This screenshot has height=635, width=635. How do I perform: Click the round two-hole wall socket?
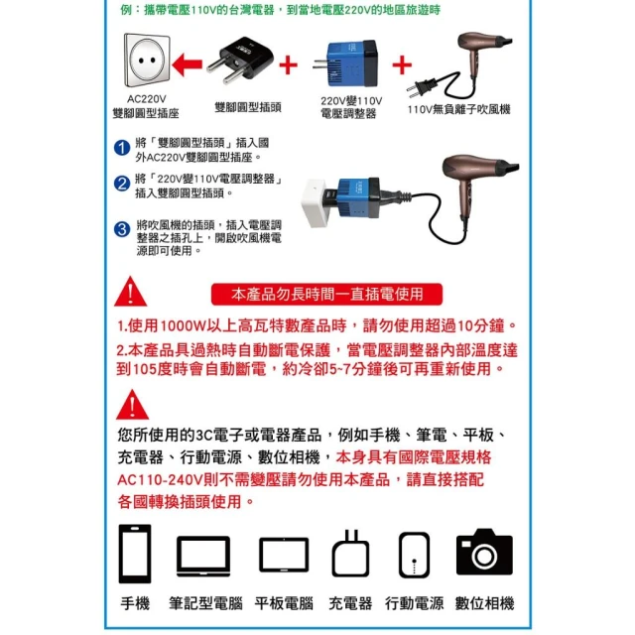point(147,61)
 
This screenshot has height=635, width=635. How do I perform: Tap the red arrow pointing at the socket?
point(188,64)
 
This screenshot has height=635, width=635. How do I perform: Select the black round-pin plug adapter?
point(240,60)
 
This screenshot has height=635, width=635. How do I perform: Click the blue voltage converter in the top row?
point(345,63)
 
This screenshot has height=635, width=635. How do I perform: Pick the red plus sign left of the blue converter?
point(289,65)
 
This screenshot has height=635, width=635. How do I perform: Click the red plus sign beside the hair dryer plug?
point(402,64)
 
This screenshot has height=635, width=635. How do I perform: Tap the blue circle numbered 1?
point(122,148)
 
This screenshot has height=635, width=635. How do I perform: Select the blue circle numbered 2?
point(122,184)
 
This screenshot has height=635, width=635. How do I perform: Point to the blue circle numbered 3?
point(122,229)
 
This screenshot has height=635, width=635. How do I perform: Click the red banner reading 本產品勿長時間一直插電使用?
point(326,294)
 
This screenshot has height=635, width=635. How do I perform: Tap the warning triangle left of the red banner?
point(130,291)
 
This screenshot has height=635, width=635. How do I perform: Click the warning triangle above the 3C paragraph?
point(132,405)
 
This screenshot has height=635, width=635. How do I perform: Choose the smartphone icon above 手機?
point(135,554)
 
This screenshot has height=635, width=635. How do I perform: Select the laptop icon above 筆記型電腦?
point(203,556)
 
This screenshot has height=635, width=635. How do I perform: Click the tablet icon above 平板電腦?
point(284,555)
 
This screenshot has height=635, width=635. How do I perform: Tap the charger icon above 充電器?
point(350,554)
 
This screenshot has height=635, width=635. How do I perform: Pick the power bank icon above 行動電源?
point(414,555)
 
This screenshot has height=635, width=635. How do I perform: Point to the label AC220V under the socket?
point(147,99)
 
